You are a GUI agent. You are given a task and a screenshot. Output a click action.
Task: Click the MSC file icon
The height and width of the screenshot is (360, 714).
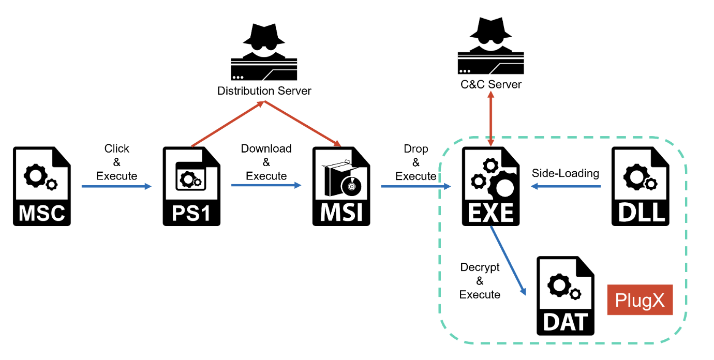coord(41,186)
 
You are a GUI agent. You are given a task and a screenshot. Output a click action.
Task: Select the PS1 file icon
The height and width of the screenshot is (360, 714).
coord(191,186)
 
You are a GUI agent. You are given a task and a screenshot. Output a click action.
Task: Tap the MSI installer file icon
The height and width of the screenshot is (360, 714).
coord(341,186)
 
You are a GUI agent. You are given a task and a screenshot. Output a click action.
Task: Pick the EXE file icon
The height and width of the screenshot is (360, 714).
coord(490,186)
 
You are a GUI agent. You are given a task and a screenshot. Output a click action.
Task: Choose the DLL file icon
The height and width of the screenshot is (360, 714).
coord(640,186)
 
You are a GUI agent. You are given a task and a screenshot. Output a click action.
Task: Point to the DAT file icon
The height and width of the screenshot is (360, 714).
coord(566,295)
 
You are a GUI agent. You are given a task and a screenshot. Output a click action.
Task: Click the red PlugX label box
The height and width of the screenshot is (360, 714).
coord(640,300)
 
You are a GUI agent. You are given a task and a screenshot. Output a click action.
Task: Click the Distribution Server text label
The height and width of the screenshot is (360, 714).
coord(264,91)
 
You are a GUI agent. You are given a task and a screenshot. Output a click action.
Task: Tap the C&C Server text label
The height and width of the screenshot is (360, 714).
coord(491,84)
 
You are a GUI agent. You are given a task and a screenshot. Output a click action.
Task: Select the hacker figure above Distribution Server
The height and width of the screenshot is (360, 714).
coord(264,52)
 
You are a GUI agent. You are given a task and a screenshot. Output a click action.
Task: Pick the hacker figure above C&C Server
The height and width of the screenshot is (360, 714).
coord(490,47)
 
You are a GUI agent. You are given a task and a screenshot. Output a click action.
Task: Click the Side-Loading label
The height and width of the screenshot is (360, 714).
coord(566,173)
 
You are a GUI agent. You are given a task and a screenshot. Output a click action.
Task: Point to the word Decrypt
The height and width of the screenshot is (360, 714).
coord(480,267)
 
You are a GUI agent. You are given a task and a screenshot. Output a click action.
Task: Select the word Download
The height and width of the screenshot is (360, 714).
coord(266,149)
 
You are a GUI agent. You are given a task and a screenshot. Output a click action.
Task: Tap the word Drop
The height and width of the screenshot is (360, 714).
coord(416,149)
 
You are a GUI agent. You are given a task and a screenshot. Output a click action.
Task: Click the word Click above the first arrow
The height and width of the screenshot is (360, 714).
coord(116,149)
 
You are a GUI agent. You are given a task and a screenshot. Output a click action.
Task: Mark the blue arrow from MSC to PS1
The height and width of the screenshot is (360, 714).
coord(116,186)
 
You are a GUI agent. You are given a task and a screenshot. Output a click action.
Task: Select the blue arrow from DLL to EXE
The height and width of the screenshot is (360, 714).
coord(566,186)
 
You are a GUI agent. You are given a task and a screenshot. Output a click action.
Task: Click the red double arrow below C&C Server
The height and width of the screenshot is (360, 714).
coord(490,119)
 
